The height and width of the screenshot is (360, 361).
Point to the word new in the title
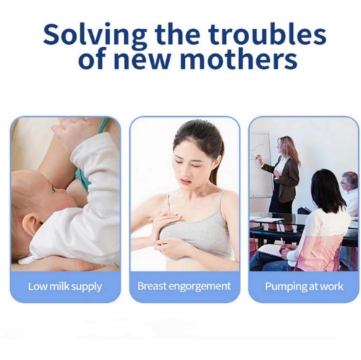144,58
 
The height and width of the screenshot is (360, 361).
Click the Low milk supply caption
65,286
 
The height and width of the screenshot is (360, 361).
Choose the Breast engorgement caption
184,286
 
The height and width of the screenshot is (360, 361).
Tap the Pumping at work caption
304,286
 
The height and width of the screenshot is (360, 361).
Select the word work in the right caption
331,286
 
